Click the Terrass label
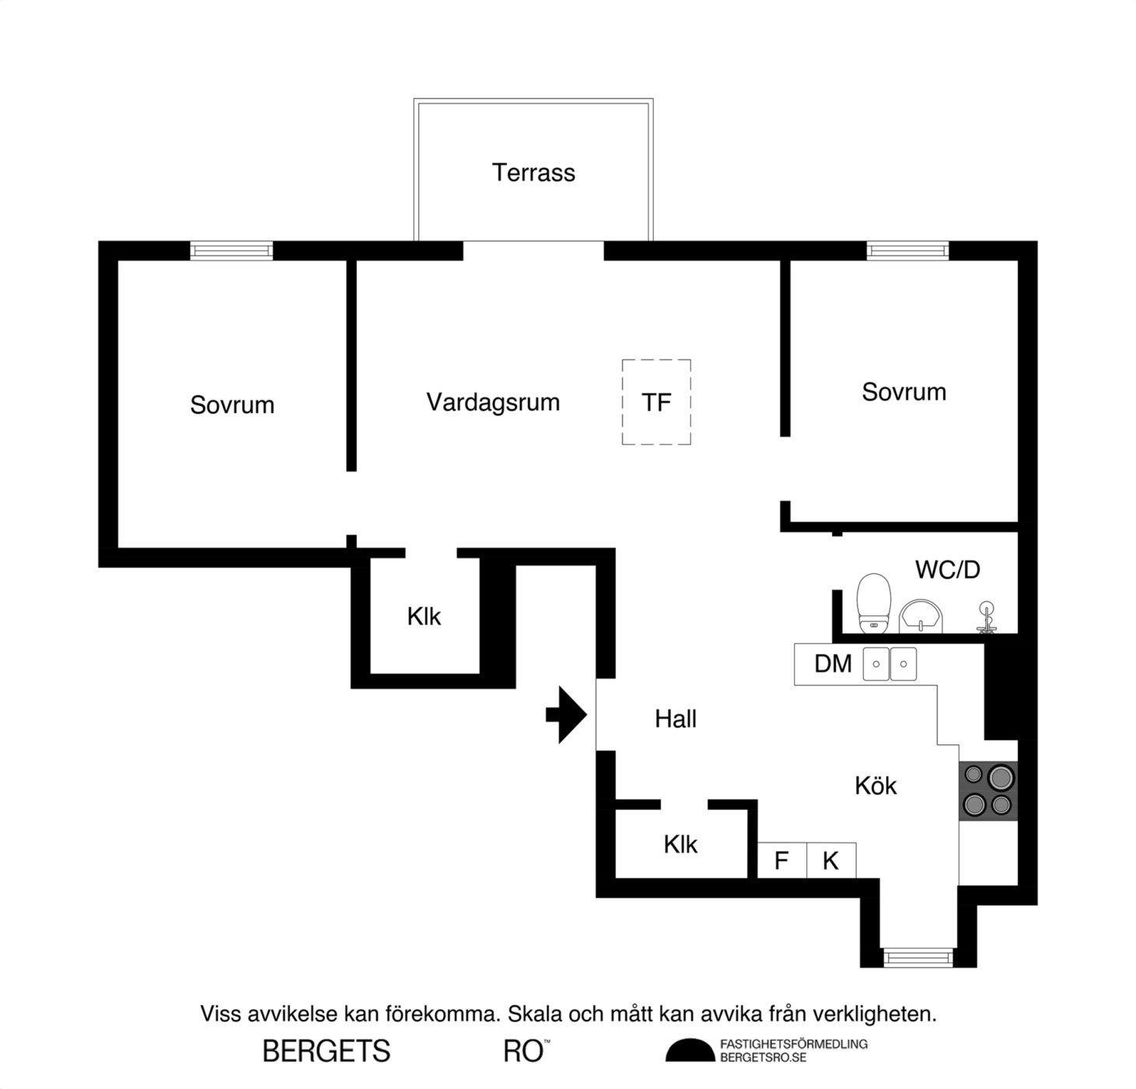(533, 173)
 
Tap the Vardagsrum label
(493, 403)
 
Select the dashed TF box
(622, 401)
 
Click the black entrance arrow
(566, 715)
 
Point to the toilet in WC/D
(873, 603)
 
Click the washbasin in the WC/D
(921, 617)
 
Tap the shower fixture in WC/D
(987, 617)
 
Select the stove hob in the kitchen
(987, 790)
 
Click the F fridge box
(782, 860)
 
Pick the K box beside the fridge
(831, 860)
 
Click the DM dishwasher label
(833, 664)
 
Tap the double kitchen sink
(890, 664)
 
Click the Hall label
(676, 719)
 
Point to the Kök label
(875, 786)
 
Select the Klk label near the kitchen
(680, 844)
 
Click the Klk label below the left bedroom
(424, 617)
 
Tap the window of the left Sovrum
(231, 251)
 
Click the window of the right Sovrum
(907, 251)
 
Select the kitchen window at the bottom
(918, 958)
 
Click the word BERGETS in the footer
(327, 1052)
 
